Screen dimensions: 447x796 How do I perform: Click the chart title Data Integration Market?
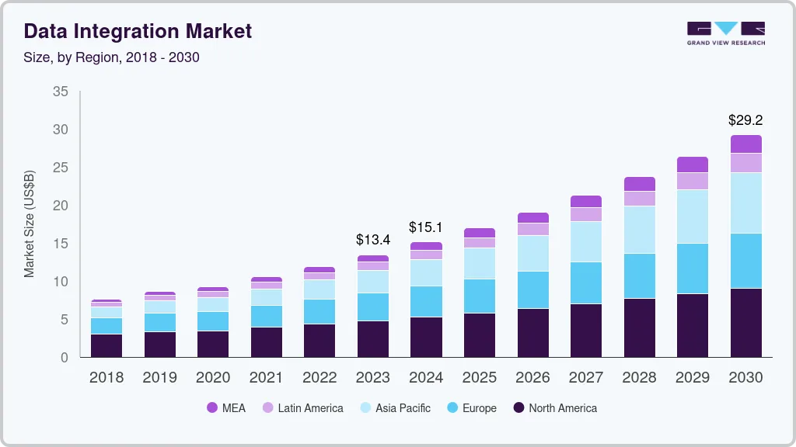(x=138, y=31)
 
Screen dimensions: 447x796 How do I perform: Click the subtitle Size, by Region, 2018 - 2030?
(x=112, y=57)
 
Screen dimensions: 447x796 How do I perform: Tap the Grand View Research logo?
(x=725, y=33)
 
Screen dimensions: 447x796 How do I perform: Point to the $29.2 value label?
(x=745, y=120)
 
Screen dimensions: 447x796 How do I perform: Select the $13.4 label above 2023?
(x=372, y=239)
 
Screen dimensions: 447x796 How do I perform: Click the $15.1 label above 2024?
(x=426, y=227)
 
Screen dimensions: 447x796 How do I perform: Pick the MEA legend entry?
(x=226, y=407)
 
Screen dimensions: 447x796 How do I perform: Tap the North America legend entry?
(x=554, y=407)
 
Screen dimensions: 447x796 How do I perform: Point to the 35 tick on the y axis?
(x=61, y=92)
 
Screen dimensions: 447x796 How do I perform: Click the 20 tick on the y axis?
(x=61, y=206)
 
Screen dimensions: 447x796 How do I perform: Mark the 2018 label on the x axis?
(x=106, y=378)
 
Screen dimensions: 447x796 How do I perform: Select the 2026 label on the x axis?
(x=532, y=378)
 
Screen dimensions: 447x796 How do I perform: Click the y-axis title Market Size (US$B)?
(x=30, y=223)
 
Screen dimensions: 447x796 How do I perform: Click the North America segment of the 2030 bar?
(x=745, y=322)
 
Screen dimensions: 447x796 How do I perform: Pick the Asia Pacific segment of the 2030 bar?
(x=745, y=203)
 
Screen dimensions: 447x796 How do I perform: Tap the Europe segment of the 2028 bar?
(x=639, y=275)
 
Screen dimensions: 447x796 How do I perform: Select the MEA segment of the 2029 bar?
(x=693, y=164)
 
